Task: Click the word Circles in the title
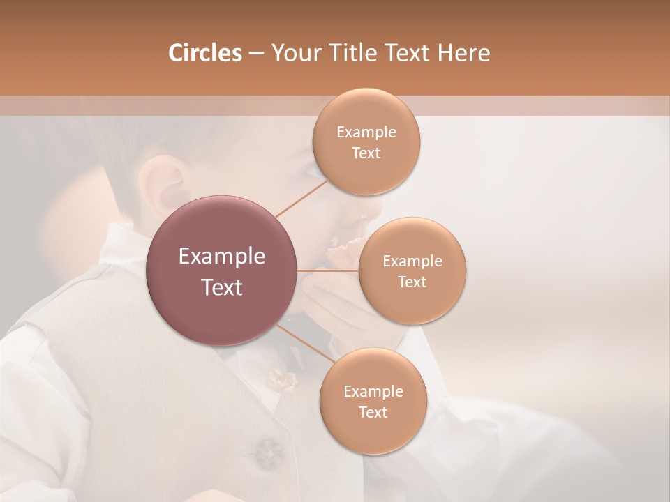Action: pos(204,53)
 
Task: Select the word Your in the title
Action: pos(293,53)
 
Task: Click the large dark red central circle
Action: pos(221,271)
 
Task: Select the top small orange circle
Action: pos(366,142)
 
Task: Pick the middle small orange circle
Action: pos(412,271)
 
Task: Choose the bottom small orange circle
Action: pos(373,402)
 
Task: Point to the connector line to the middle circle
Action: pos(328,271)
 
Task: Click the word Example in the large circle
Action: pos(221,257)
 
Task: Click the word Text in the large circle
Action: pos(221,287)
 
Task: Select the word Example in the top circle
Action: pos(366,132)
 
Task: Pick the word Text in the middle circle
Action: pos(412,282)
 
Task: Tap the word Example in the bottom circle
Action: pos(373,392)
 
